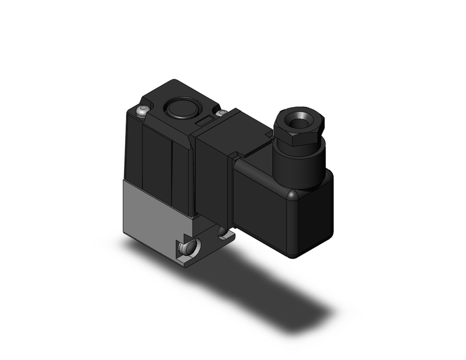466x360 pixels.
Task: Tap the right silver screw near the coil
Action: (221, 113)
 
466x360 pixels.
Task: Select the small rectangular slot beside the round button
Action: (204, 122)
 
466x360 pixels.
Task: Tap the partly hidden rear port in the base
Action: (224, 232)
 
